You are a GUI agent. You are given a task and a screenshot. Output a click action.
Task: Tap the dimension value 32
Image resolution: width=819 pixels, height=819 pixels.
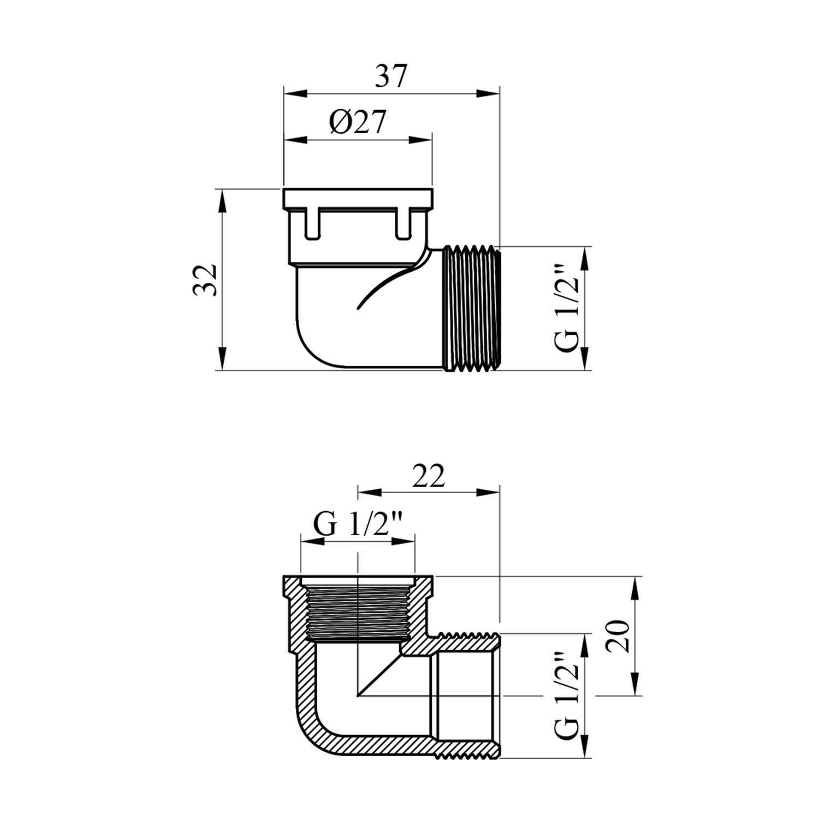click(206, 280)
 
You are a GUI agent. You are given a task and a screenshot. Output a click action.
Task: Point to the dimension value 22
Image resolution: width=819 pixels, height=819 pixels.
click(429, 476)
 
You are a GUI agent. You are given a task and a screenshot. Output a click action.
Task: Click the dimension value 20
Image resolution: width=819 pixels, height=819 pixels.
click(619, 636)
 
